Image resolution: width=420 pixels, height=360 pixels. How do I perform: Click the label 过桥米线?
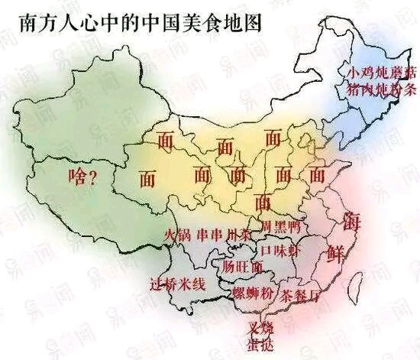click(x=178, y=284)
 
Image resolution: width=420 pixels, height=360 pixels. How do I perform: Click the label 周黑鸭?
click(x=279, y=227)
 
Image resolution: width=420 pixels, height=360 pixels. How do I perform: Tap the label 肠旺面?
click(x=244, y=267)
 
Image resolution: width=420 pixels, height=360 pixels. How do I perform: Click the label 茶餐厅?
click(x=300, y=294)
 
